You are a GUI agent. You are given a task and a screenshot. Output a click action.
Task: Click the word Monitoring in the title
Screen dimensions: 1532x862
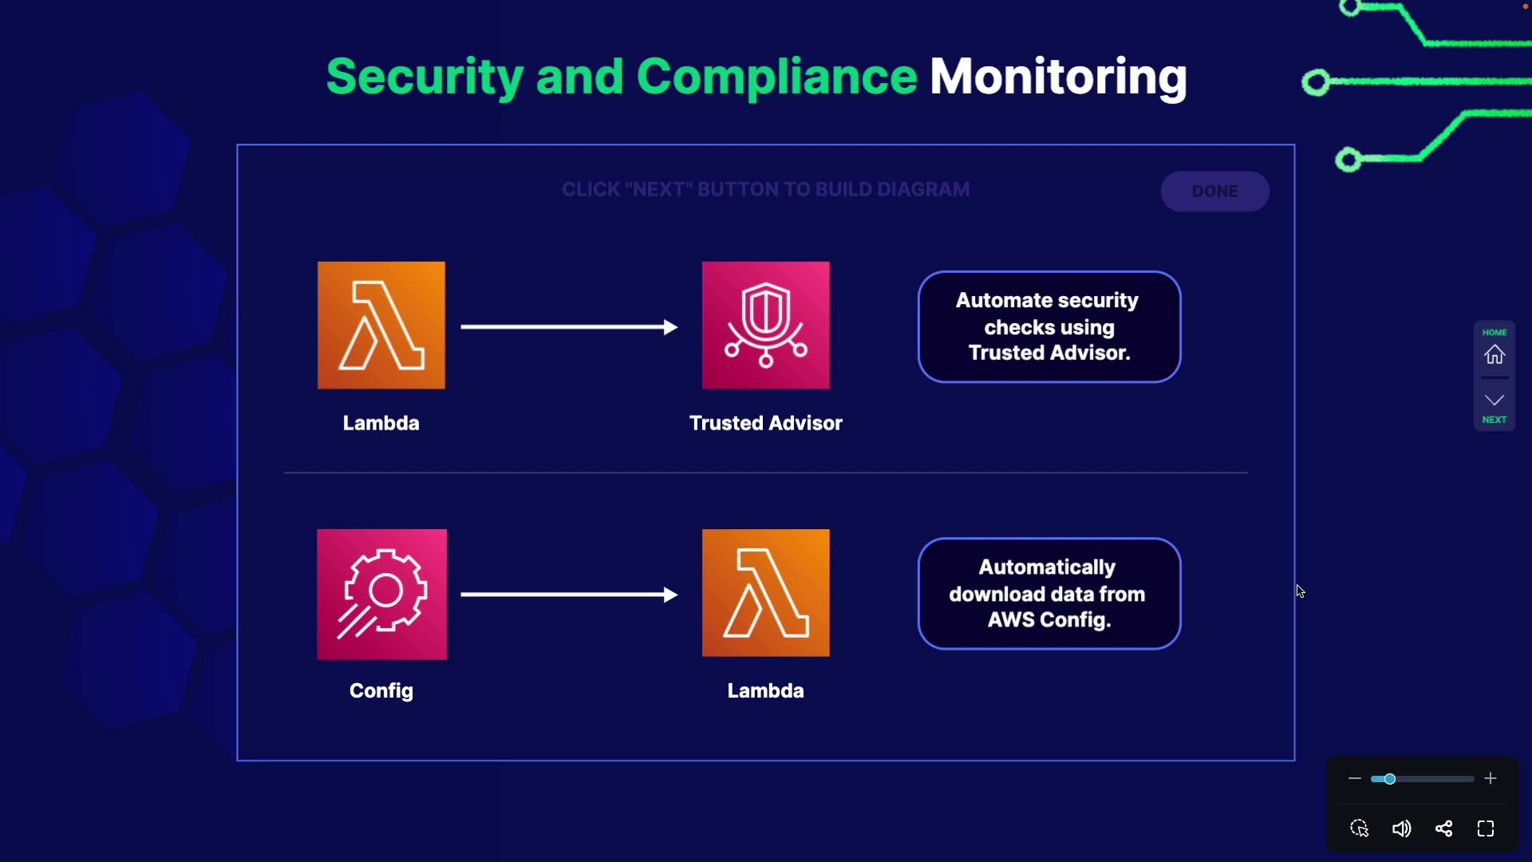(1058, 77)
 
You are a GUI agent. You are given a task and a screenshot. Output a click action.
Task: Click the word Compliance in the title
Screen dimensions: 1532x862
(777, 77)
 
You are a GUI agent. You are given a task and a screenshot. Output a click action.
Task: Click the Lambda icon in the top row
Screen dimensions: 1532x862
(381, 326)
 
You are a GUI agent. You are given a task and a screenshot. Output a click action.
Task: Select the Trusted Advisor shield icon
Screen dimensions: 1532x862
(766, 326)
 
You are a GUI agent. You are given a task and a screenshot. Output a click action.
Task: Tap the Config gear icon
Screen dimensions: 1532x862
(382, 595)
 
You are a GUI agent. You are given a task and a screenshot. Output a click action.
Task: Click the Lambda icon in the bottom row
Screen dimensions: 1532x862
(766, 593)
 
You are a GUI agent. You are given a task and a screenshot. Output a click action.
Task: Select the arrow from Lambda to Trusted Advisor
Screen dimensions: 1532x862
(569, 326)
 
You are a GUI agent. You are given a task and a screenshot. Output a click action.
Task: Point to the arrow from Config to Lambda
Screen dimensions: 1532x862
(569, 595)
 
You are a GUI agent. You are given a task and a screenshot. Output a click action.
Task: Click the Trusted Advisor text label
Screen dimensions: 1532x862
(766, 423)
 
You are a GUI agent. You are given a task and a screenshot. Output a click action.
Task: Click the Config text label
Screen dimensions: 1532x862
(381, 691)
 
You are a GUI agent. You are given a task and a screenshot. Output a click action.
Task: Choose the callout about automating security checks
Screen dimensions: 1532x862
(1049, 327)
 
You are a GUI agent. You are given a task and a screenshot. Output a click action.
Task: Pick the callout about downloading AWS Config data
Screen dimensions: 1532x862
(1049, 594)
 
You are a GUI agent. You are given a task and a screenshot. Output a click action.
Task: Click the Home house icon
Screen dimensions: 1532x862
(1494, 354)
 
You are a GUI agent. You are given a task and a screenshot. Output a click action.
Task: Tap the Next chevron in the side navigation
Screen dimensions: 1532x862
(1494, 400)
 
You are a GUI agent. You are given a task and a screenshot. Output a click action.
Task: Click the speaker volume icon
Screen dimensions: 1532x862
(1401, 828)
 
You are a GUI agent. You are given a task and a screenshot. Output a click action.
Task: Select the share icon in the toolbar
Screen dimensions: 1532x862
(1443, 828)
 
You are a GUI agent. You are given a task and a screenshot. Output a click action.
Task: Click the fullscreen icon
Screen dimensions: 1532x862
(1486, 828)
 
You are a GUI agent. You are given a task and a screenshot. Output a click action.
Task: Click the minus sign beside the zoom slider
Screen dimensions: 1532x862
(1355, 778)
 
